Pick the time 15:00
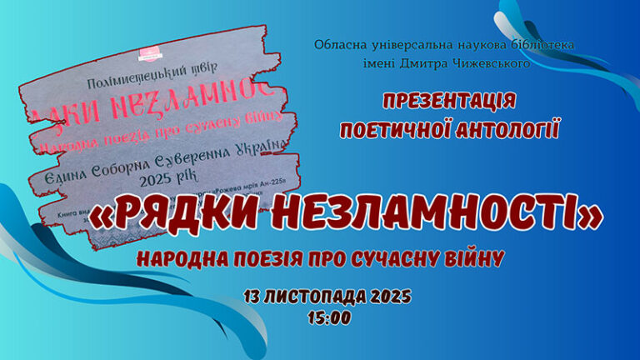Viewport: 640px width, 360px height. click(x=329, y=317)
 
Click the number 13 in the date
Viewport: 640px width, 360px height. click(x=254, y=297)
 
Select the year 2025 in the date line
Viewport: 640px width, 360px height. click(x=387, y=297)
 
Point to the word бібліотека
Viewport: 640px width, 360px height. click(x=541, y=44)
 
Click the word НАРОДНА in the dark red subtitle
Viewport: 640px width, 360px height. click(x=178, y=259)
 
